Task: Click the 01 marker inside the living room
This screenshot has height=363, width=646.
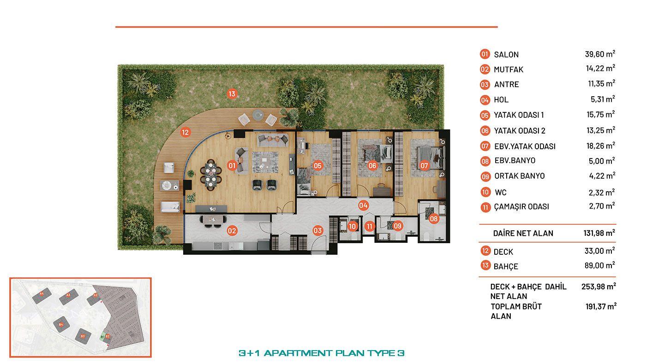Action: tap(232, 165)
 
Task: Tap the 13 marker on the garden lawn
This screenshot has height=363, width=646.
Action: tap(232, 94)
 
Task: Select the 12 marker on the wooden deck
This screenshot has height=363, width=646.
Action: tap(185, 132)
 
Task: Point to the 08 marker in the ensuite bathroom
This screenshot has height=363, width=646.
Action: tap(433, 219)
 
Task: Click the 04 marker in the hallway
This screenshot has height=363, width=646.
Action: tap(363, 205)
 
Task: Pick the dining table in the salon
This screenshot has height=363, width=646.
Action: tap(211, 175)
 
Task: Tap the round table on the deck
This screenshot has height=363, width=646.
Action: tap(258, 116)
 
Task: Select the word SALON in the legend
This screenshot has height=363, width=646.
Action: tap(506, 55)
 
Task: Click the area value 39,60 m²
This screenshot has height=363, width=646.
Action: tap(600, 54)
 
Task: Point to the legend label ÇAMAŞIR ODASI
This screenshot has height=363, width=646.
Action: tap(521, 207)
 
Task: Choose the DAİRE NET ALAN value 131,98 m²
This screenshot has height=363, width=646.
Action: tap(599, 233)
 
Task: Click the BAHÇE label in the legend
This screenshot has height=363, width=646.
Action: tap(506, 266)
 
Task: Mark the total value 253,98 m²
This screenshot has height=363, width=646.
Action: tap(599, 287)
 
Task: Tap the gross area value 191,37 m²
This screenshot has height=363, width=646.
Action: tap(601, 306)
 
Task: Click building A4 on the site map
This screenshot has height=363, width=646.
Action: tap(42, 296)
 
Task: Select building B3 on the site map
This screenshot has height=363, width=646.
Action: tap(83, 336)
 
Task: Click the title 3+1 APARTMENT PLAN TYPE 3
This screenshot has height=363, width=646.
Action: tap(322, 353)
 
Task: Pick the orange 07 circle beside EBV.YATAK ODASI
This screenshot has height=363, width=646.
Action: tap(485, 146)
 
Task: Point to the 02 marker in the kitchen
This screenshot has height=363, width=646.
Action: tap(232, 231)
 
